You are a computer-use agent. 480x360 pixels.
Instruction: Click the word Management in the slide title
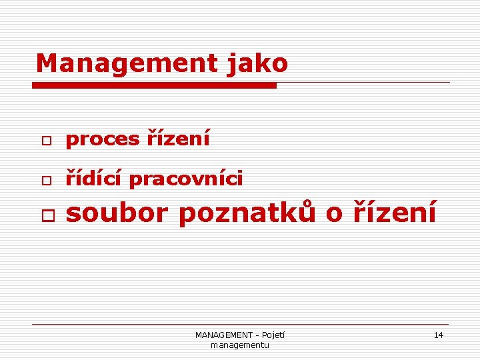pos(126,63)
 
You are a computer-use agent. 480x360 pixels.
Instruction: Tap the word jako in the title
pos(257,64)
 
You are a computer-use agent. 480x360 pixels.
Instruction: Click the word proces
pos(103,139)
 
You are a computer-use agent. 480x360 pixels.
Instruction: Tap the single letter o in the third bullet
pos(334,214)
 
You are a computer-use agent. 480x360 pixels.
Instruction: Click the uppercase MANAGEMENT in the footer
pos(223,335)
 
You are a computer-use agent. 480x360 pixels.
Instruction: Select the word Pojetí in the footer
pos(273,335)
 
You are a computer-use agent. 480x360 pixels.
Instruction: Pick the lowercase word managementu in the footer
pos(239,345)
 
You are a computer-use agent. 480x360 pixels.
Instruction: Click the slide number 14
pos(438,335)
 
